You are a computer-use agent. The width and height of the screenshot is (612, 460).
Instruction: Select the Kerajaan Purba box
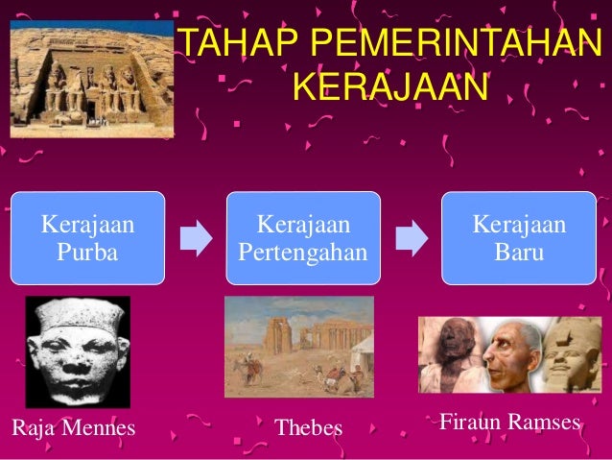coord(87,238)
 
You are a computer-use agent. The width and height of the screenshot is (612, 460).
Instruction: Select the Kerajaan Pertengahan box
coord(303,238)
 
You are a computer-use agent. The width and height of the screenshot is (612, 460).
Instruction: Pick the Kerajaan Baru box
coord(519,238)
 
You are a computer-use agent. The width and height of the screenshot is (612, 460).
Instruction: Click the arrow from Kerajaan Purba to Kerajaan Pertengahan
coord(196,238)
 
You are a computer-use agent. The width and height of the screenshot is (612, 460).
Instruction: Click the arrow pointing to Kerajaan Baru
coord(412,238)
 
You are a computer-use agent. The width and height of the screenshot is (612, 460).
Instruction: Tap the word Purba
coord(87,254)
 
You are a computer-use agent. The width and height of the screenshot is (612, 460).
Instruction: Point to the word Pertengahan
coord(303,254)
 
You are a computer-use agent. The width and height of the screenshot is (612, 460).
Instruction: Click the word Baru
coord(519,254)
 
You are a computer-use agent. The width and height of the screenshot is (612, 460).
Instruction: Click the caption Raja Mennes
coord(73,425)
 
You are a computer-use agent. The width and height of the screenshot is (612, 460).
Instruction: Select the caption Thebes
coord(308,426)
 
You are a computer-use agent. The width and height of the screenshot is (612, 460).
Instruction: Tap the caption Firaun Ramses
coord(508,421)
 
